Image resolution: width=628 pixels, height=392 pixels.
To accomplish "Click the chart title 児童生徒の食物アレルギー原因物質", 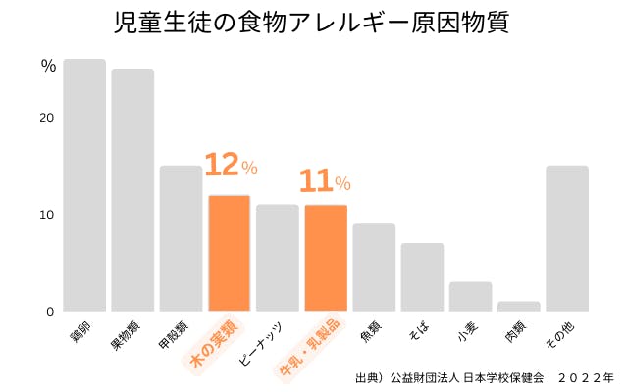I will tap(313, 24).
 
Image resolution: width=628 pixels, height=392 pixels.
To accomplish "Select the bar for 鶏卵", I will tap(84, 185).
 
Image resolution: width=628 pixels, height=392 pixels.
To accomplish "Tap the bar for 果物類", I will tap(132, 190).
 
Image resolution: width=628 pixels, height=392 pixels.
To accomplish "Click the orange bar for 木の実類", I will tap(229, 253).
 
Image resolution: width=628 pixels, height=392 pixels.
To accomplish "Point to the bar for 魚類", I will tap(374, 268).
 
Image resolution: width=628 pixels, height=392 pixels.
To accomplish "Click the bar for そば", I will tap(422, 277).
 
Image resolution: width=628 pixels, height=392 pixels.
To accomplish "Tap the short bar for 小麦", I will tap(470, 297).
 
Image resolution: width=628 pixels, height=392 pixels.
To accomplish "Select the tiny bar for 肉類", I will tap(518, 307).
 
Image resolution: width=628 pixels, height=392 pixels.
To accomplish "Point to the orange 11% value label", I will tap(324, 181).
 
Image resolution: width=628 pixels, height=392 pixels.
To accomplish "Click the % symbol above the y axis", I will tap(48, 67).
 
